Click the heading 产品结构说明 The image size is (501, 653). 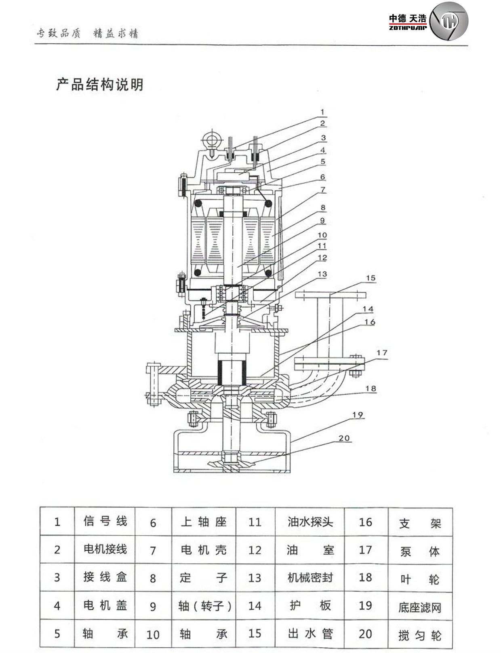[x=99, y=85]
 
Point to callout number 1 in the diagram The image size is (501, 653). [x=322, y=112]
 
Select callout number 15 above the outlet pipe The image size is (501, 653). [x=370, y=278]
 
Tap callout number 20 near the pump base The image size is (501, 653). [x=344, y=438]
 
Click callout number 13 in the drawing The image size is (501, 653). [x=322, y=274]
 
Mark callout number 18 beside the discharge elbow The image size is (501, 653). [x=370, y=389]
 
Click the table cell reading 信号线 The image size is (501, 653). [x=105, y=521]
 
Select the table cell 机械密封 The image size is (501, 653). [x=310, y=577]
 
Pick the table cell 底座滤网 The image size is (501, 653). [x=420, y=607]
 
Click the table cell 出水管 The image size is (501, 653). [x=310, y=633]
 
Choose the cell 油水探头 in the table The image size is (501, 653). [x=310, y=522]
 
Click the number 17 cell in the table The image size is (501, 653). [x=365, y=550]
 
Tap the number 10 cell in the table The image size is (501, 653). [x=153, y=634]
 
